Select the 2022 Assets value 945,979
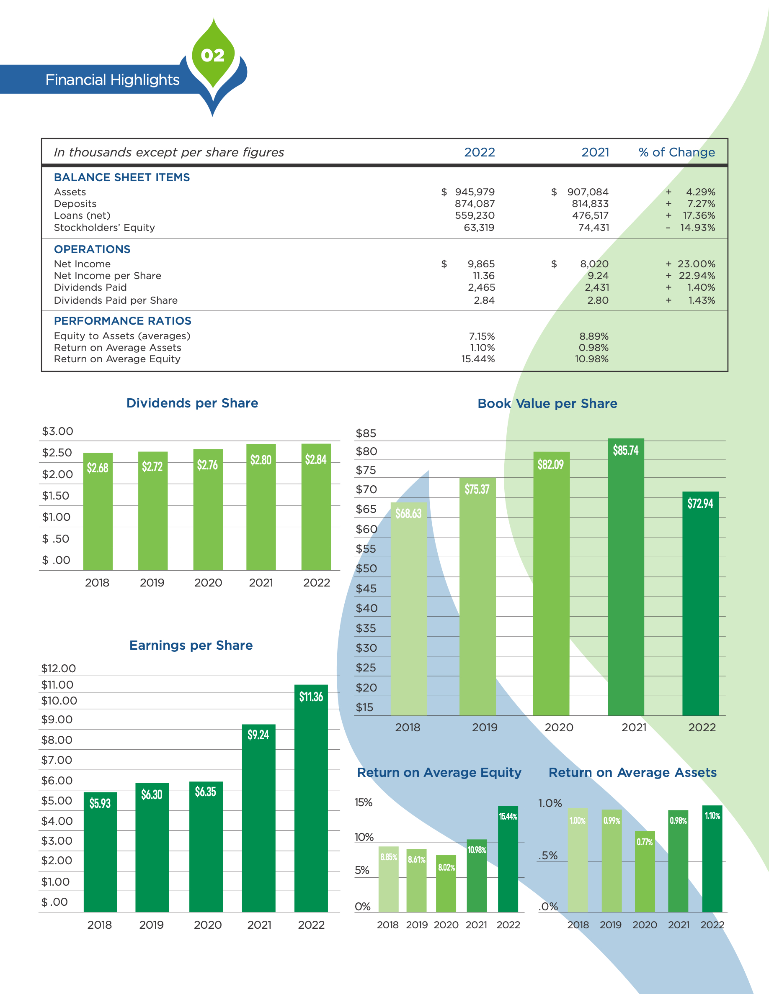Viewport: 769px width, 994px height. click(x=474, y=192)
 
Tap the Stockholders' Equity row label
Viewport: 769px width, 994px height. click(x=104, y=228)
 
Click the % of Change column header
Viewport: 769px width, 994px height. click(x=676, y=152)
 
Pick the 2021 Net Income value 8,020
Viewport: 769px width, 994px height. click(x=594, y=264)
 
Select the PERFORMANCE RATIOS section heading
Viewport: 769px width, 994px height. click(x=123, y=321)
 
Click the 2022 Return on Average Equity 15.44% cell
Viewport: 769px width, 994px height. click(x=478, y=359)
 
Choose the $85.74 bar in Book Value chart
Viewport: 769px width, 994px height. click(x=625, y=578)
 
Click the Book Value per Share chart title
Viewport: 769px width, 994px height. click(x=547, y=404)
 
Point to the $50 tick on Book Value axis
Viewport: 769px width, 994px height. click(x=366, y=569)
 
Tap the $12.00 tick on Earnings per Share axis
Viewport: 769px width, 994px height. click(x=58, y=669)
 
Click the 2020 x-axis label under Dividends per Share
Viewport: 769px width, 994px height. click(x=208, y=583)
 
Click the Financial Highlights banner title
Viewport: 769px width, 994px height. click(x=113, y=80)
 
